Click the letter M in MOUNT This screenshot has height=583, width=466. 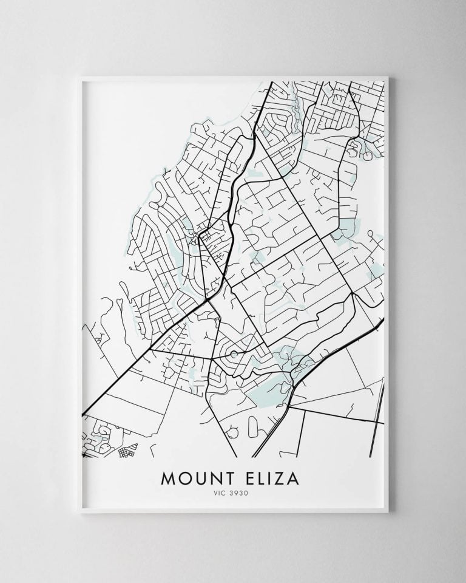(167, 478)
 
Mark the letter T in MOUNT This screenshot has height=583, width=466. (226, 478)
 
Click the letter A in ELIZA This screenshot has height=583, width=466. (291, 478)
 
